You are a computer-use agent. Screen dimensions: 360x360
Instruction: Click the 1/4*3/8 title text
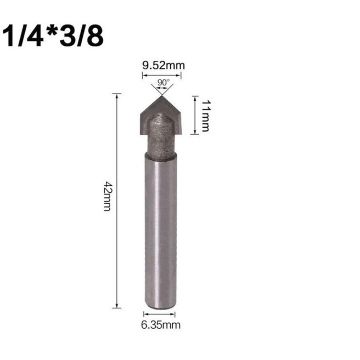point(53,36)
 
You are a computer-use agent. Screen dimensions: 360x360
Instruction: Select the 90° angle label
point(163,82)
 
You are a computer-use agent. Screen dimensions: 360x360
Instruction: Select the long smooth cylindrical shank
point(161,230)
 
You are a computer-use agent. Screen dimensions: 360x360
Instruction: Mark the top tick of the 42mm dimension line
point(117,94)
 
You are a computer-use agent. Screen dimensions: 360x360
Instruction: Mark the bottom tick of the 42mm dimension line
point(117,307)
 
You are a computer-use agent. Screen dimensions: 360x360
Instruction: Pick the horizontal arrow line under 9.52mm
point(161,75)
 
